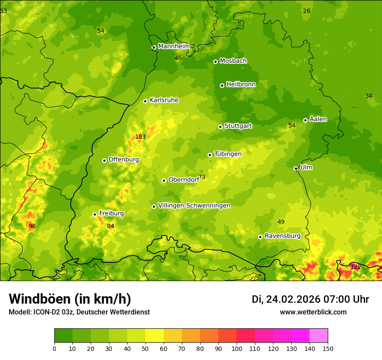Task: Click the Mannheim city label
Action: coord(174,46)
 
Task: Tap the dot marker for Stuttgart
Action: coord(220,127)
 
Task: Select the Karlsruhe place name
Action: coord(164,100)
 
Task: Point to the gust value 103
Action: coord(140,137)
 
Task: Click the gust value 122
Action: coord(356,267)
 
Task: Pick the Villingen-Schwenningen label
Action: coord(194,206)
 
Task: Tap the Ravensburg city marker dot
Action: coord(260,237)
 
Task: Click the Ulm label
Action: coord(306,167)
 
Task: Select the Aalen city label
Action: coord(318,119)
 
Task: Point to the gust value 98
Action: coord(32,226)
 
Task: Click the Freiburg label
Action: coord(111,213)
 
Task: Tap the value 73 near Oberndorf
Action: coord(202,177)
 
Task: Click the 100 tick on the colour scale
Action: coord(237,348)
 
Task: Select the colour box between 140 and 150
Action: coord(318,336)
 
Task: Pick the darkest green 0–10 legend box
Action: coord(63,336)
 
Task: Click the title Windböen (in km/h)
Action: coord(69,299)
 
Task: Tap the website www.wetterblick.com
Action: coord(313,312)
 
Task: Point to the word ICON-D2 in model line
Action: coord(46,312)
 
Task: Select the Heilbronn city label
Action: coord(241,85)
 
